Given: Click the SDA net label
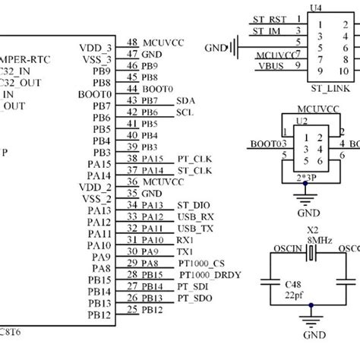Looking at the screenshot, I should point(185,100).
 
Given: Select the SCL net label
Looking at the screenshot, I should point(185,112).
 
